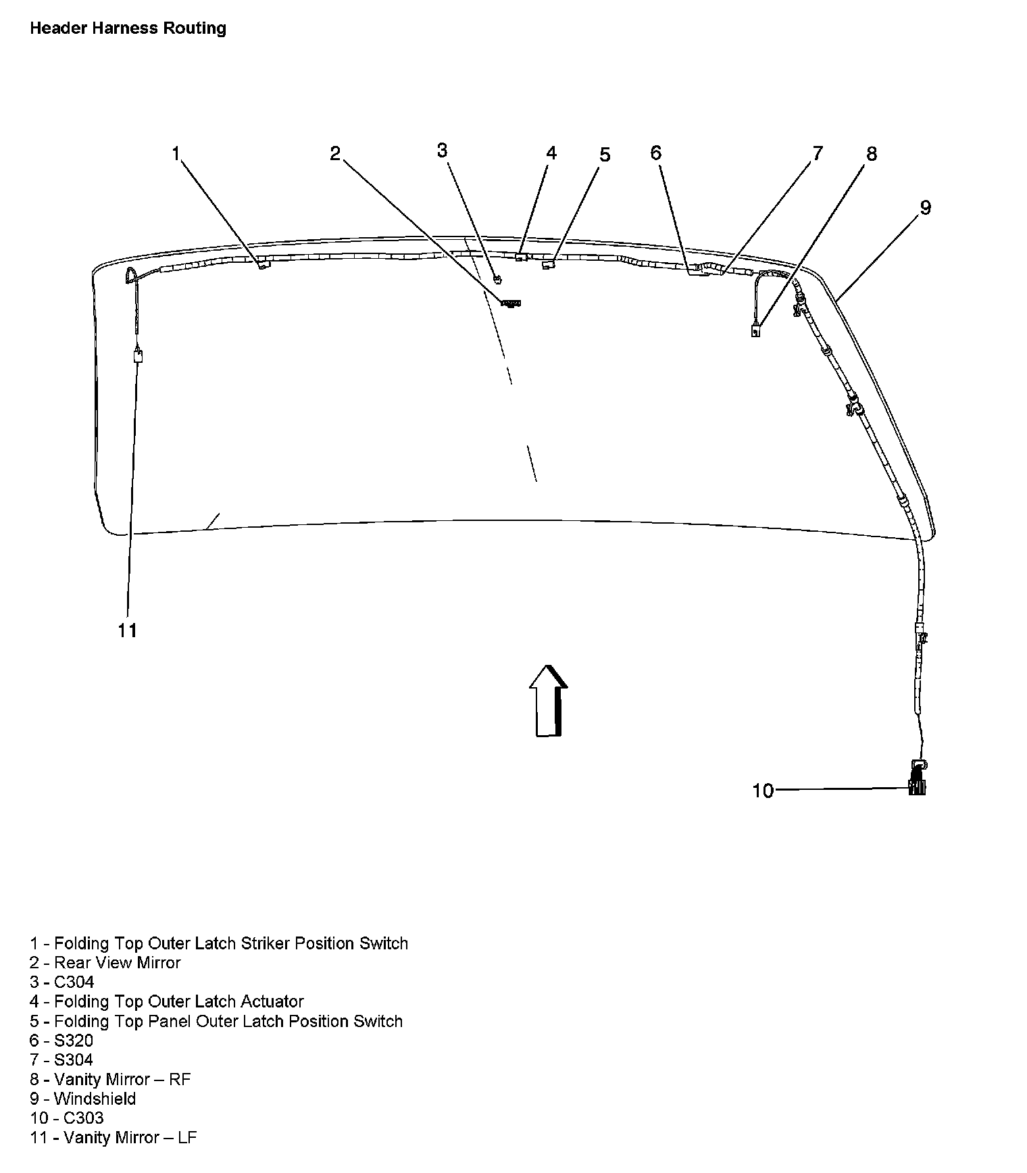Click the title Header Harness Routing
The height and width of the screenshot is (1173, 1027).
pos(128,28)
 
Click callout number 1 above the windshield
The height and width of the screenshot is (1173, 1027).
pos(176,154)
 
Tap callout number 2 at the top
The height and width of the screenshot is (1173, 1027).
pos(335,154)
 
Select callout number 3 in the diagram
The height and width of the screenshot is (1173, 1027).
pos(442,150)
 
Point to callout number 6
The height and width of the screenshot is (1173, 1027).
pos(655,153)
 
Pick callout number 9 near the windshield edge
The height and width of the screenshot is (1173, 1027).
pos(925,207)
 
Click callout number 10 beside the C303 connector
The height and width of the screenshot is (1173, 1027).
pos(762,790)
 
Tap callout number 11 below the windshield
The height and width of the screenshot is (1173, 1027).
pos(127,630)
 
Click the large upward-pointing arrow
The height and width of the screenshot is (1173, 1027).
pos(548,700)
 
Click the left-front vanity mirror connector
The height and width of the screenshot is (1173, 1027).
pos(139,356)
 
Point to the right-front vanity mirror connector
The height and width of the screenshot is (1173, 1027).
pos(755,331)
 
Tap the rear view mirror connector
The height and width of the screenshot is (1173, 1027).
pos(511,303)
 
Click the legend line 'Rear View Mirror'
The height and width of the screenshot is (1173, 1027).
pos(105,963)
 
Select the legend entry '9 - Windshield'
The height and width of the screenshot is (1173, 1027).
pos(82,1099)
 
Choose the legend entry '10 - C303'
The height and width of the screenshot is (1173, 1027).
pos(67,1118)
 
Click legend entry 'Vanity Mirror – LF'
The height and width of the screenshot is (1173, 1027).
pos(113,1138)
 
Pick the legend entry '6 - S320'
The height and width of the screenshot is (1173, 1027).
pos(61,1041)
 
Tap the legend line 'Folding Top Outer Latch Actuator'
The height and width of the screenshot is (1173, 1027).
pos(166,1001)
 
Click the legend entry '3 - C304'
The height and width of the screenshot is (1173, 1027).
pos(62,982)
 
